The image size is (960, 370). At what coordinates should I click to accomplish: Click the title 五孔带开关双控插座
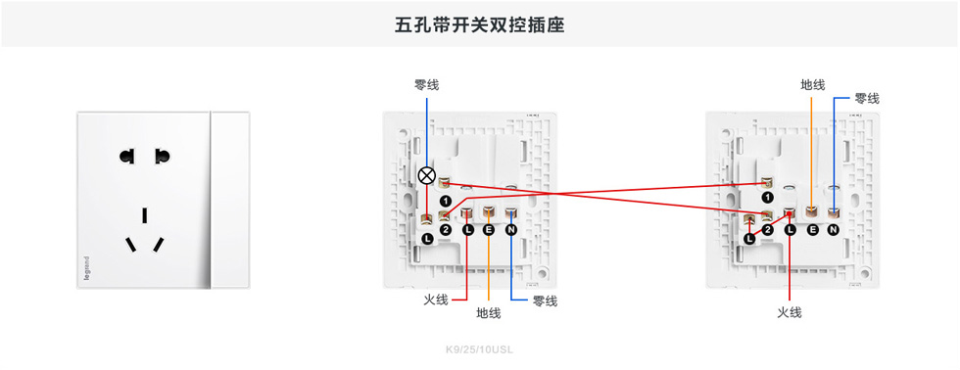click(479, 24)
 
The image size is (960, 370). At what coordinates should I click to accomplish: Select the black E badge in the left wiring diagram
click(489, 230)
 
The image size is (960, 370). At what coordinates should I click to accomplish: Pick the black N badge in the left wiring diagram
click(510, 230)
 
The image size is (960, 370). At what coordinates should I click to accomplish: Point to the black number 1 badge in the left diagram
click(446, 200)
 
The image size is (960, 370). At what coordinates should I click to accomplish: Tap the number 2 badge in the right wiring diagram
click(768, 231)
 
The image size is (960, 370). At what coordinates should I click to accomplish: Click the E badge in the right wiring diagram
click(812, 230)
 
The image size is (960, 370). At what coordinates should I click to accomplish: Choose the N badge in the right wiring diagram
click(833, 230)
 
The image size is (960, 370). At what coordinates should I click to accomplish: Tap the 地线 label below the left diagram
click(489, 313)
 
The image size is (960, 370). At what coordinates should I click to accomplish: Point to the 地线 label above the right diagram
click(813, 85)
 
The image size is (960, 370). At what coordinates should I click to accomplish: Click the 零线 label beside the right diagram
click(867, 99)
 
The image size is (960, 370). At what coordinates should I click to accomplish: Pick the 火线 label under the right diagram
click(790, 312)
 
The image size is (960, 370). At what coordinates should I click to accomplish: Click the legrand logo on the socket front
click(87, 270)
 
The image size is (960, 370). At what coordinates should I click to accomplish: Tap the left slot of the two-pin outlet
click(126, 156)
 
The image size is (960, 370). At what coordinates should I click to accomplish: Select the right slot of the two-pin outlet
click(162, 156)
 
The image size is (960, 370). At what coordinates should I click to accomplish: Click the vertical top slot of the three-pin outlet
click(144, 214)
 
